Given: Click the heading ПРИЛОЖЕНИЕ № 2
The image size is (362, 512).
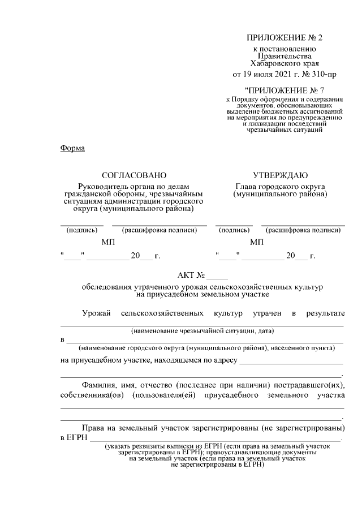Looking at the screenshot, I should (285, 38).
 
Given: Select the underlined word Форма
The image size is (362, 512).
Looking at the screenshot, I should (72, 148).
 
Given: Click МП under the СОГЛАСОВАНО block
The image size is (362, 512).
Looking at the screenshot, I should (107, 243).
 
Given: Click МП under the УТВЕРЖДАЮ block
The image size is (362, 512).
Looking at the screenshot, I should (257, 243).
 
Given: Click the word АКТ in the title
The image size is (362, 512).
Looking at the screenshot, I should (186, 276).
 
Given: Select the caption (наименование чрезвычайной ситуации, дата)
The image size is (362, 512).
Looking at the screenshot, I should (202, 330).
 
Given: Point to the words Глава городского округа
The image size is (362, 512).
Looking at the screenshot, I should (281, 186).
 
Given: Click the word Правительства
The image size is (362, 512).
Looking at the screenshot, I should (285, 56).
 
